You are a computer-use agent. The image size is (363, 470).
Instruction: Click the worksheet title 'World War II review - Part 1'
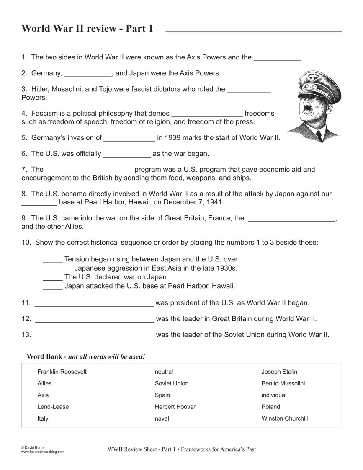87,28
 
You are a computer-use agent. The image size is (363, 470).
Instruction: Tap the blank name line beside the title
254,31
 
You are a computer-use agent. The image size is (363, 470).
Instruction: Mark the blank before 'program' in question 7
89,172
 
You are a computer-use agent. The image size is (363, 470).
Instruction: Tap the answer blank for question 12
95,321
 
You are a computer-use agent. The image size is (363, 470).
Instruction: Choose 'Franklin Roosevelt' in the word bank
62,372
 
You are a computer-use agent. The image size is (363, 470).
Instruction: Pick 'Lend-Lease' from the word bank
53,407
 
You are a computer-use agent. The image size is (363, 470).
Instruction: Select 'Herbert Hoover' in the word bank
175,407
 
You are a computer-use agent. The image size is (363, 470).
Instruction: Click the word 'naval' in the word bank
162,418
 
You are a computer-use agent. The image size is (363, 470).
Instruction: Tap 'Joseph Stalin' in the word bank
279,372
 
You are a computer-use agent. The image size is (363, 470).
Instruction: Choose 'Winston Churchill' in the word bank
285,418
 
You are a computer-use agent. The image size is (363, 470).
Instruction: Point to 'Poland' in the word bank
271,407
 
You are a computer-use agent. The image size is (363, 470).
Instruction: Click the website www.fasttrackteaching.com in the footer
43,452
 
